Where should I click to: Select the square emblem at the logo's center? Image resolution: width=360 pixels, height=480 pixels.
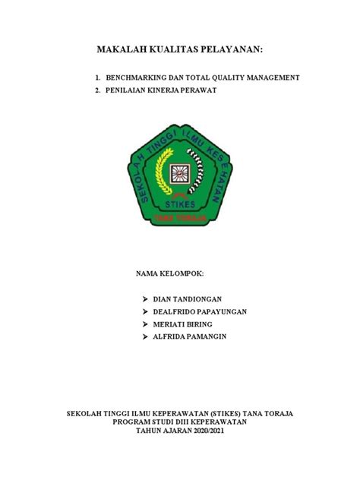181,174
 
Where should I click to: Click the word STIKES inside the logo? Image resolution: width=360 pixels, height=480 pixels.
181,205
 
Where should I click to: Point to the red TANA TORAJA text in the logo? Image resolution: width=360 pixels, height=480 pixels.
181,216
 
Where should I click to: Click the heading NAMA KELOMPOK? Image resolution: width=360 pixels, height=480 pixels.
170,272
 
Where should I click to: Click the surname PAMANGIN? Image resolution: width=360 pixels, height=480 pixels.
214,336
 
